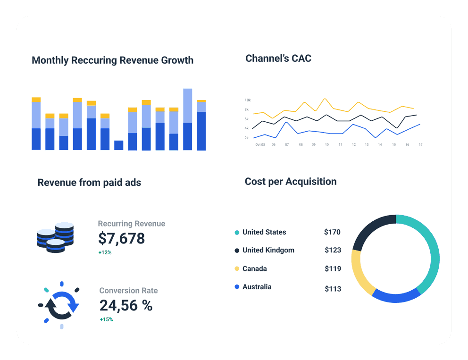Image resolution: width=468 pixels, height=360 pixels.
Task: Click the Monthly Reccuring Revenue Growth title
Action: [112, 60]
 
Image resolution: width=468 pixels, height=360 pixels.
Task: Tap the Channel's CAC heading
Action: [278, 59]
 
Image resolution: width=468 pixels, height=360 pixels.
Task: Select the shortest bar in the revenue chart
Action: [118, 145]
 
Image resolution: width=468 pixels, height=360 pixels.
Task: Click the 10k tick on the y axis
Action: [247, 100]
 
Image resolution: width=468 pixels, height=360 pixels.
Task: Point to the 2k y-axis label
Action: [247, 138]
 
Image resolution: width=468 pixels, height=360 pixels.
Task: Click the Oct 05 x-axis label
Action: [260, 144]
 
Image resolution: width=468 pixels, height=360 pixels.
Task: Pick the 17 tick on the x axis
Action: [420, 144]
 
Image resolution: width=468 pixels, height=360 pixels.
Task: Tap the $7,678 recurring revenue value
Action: [121, 239]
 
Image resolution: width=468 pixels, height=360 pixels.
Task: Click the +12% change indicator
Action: [105, 252]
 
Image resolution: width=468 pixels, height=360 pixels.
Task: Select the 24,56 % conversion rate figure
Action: [126, 306]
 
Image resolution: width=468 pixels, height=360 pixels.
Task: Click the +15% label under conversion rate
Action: [106, 319]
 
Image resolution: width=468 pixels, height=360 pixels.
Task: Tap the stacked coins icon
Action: [56, 237]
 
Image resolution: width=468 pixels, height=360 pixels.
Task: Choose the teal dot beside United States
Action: [237, 233]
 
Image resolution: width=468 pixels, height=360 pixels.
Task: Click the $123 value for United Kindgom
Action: [333, 250]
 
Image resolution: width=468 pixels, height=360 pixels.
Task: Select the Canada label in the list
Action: [254, 268]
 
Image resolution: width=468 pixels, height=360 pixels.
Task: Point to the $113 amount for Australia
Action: [333, 289]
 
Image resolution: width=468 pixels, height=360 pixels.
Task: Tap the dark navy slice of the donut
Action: [370, 228]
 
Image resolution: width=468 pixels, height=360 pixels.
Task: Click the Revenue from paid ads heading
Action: [89, 182]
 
